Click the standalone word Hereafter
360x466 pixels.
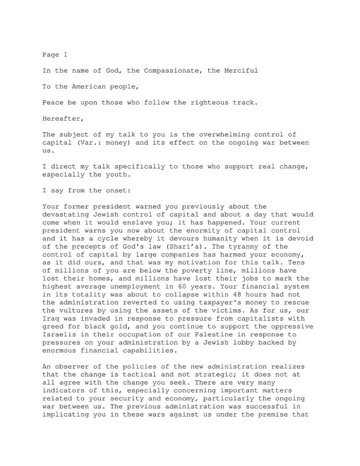click(64, 118)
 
